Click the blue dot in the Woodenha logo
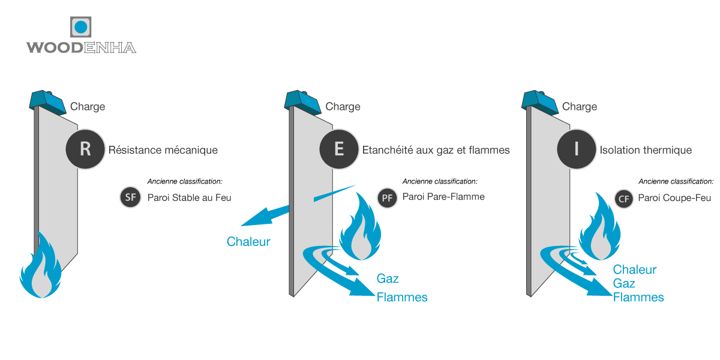(80, 27)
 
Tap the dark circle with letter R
(85, 149)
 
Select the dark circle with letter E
(339, 149)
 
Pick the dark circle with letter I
(577, 149)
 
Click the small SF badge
(130, 197)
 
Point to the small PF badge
(387, 198)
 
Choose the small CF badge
(623, 199)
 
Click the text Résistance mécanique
(163, 150)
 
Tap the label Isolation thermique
(646, 150)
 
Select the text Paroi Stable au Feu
(190, 197)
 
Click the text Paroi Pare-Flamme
(443, 197)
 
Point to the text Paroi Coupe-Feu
(674, 198)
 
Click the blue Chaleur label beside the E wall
(248, 242)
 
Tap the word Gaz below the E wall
(388, 278)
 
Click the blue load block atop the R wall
(47, 103)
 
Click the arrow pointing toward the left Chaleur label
(265, 215)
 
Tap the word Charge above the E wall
(343, 107)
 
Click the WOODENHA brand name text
(81, 47)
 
